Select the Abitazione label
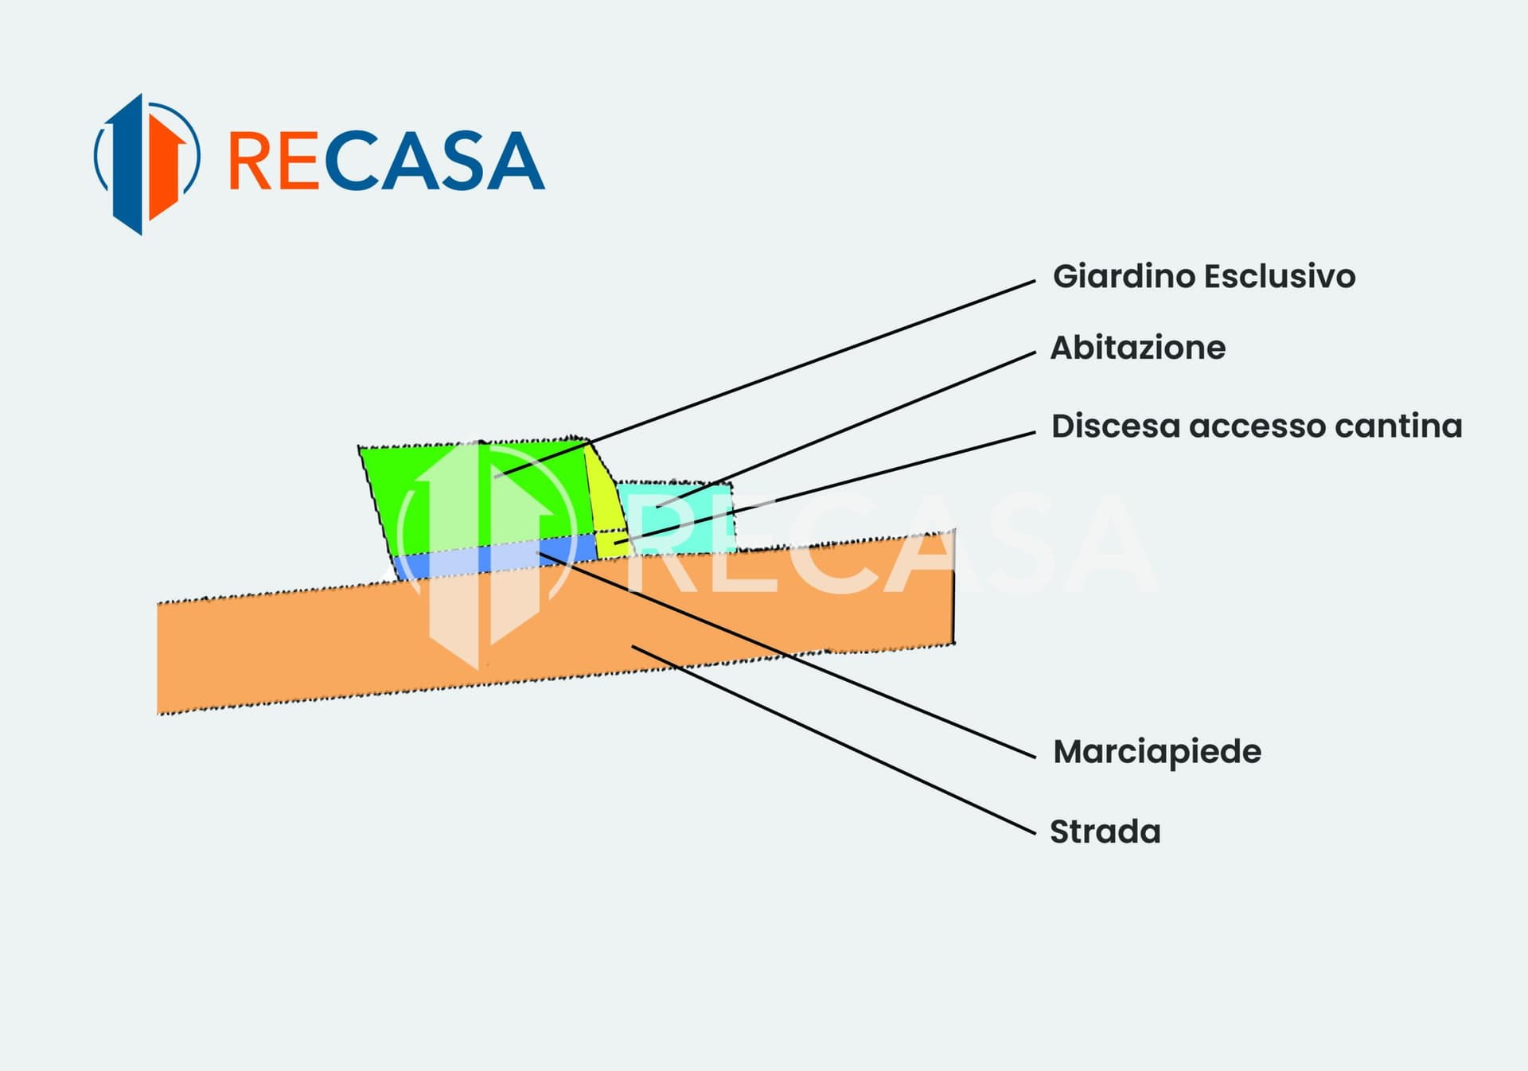(1138, 348)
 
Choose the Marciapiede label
(1157, 752)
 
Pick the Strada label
(1105, 831)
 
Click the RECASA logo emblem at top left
(146, 163)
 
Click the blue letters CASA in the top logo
(435, 161)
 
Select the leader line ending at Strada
(836, 740)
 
